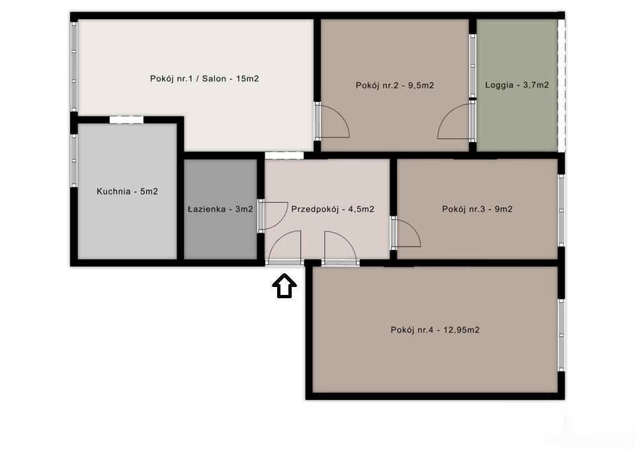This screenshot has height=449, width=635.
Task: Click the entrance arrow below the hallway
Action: click(284, 286)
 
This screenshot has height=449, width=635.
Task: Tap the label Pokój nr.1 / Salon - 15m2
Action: click(204, 79)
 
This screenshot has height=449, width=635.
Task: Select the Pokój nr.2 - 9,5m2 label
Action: click(395, 85)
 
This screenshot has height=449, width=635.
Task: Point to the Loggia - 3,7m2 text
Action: click(517, 85)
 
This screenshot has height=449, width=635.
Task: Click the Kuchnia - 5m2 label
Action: click(127, 191)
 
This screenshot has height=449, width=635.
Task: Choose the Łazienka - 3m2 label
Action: click(220, 209)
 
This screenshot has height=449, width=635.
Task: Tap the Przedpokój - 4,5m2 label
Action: click(333, 209)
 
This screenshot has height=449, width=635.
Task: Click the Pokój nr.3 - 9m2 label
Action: click(478, 209)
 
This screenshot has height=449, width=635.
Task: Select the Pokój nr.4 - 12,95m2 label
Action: click(435, 330)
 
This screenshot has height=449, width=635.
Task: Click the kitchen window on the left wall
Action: click(74, 161)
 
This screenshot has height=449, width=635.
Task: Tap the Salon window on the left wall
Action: click(74, 67)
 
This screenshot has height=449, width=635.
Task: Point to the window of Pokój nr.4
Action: click(562, 335)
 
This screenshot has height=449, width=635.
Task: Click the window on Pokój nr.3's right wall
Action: click(562, 210)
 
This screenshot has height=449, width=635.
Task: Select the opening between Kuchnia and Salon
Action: click(126, 120)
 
